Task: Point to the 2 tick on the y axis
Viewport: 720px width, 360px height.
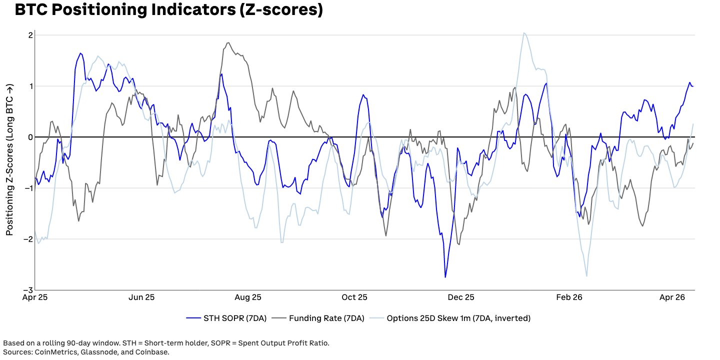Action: tap(30, 35)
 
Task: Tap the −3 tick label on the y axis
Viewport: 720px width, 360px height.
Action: tap(29, 290)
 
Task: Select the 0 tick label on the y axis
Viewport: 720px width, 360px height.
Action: tap(30, 137)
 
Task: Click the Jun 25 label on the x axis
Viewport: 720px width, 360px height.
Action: tap(141, 297)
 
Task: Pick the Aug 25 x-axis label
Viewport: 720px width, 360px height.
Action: tap(248, 297)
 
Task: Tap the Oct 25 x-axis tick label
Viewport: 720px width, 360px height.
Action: tap(354, 297)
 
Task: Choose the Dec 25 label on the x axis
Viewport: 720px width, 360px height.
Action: tap(461, 297)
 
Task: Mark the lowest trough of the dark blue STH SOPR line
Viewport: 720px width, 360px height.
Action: tap(445, 277)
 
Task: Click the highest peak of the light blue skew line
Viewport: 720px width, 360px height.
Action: tap(523, 33)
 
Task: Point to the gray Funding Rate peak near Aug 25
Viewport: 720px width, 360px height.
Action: tap(228, 42)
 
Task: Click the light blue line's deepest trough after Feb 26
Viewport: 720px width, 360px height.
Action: tap(586, 276)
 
